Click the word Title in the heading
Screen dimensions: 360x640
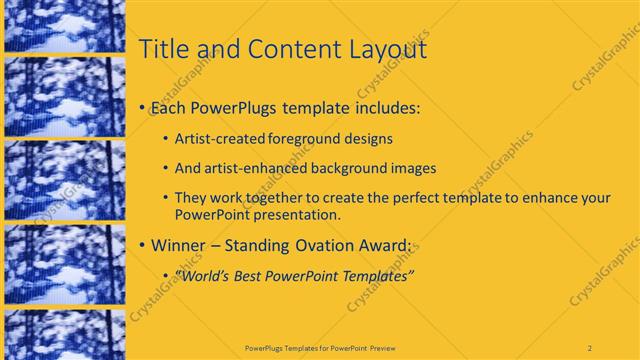(161, 49)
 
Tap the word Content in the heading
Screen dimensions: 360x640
(284, 49)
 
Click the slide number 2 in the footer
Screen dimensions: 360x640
(590, 347)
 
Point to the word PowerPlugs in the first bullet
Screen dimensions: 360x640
(233, 107)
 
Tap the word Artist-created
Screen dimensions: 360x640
(219, 140)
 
